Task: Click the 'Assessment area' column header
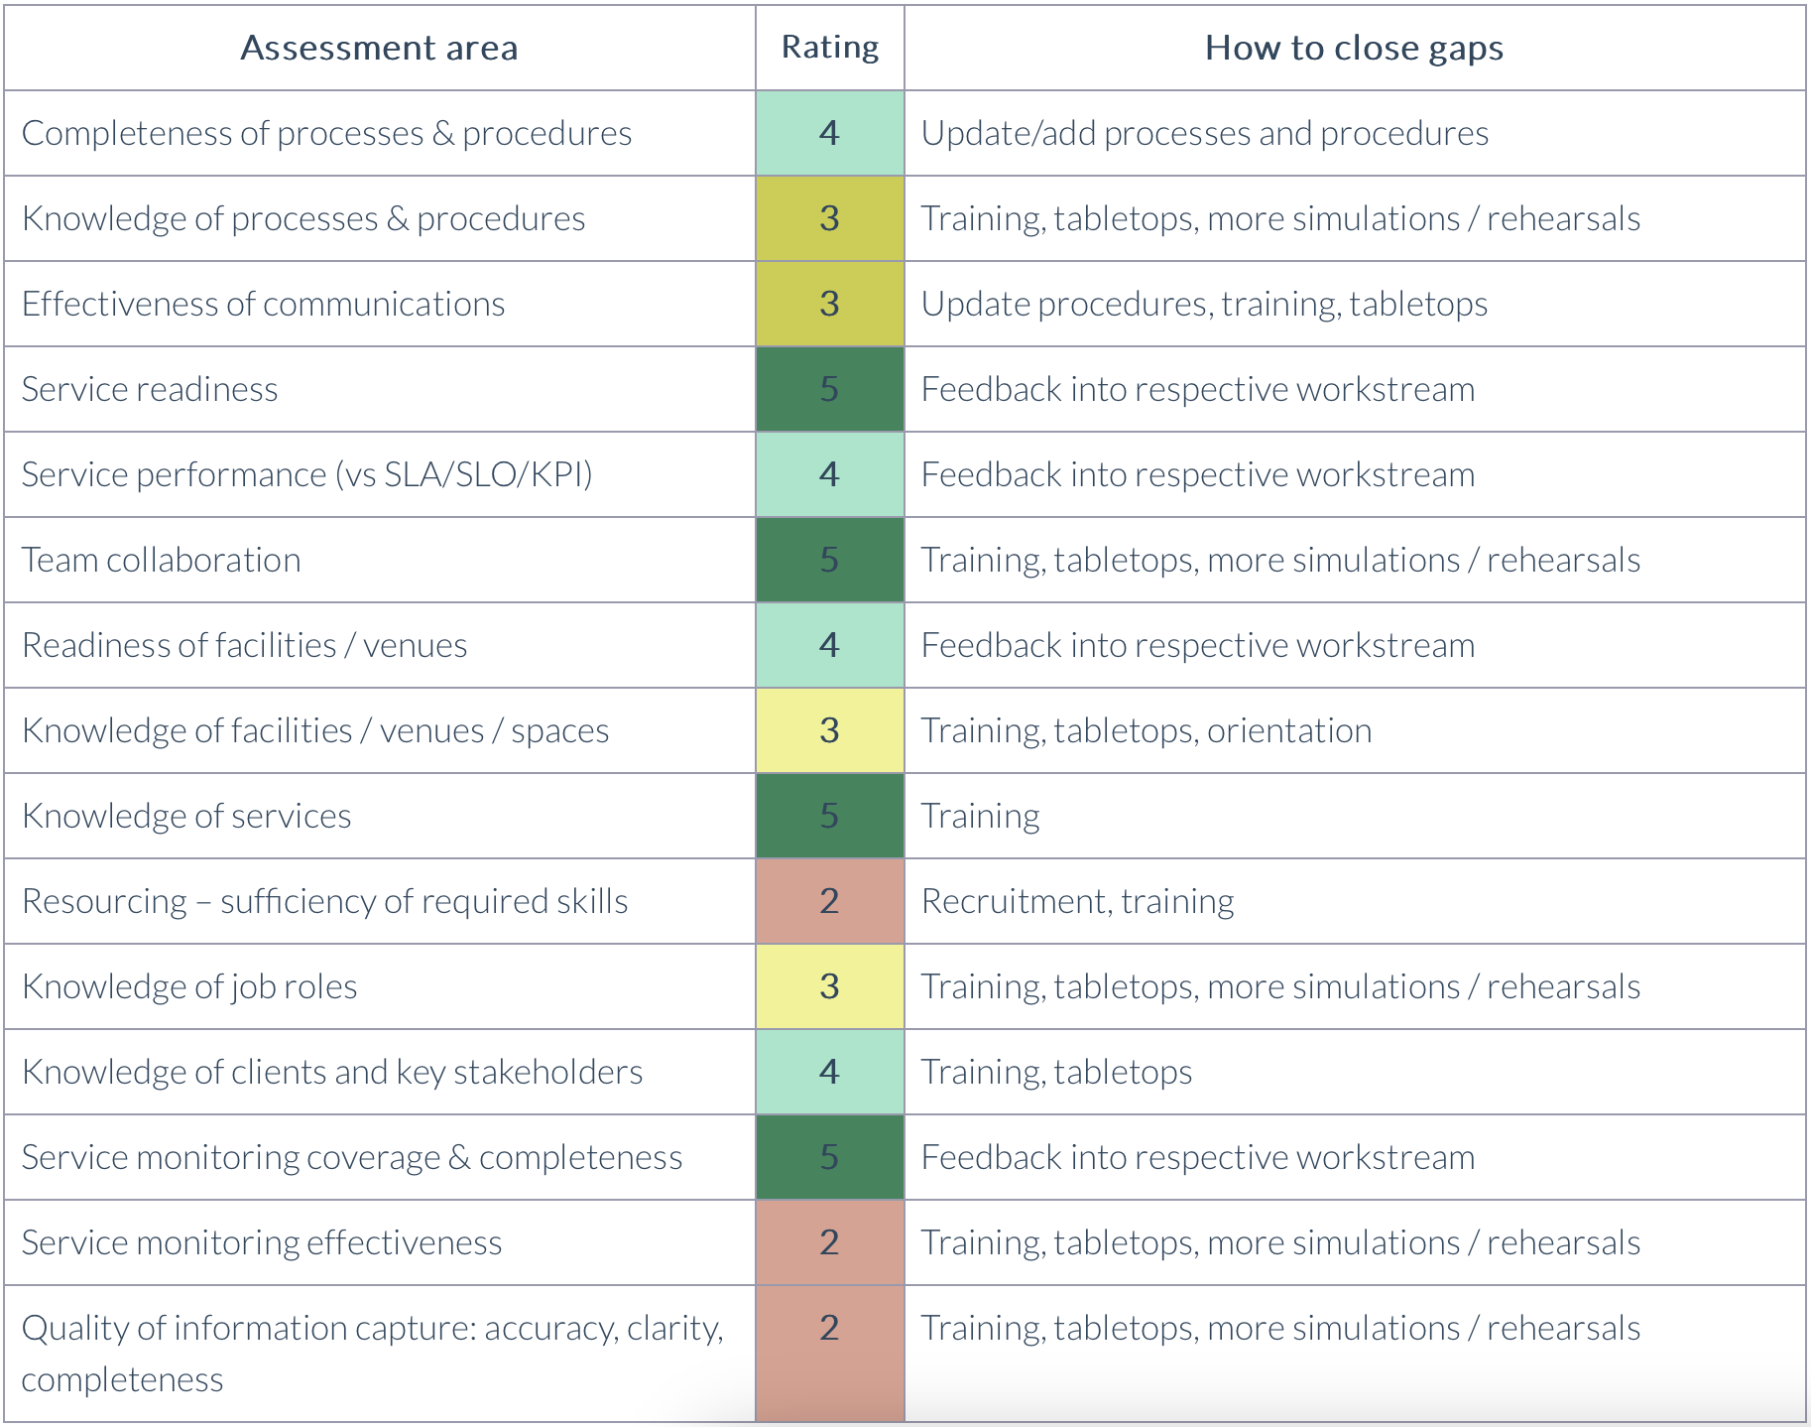pyautogui.click(x=379, y=48)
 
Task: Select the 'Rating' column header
pyautogui.click(x=830, y=48)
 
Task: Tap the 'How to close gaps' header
pyautogui.click(x=1354, y=48)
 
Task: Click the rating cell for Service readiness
pyautogui.click(x=830, y=389)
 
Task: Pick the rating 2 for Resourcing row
pyautogui.click(x=830, y=901)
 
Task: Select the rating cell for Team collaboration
pyautogui.click(x=830, y=560)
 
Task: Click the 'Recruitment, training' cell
pyautogui.click(x=1077, y=901)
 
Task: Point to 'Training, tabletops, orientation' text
pyautogui.click(x=1146, y=730)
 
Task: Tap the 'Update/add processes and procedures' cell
pyautogui.click(x=1204, y=133)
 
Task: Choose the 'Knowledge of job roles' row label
pyautogui.click(x=189, y=986)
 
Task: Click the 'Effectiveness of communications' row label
pyautogui.click(x=263, y=304)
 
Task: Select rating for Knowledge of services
pyautogui.click(x=830, y=816)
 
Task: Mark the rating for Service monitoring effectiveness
pyautogui.click(x=830, y=1242)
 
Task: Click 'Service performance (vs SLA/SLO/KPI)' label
pyautogui.click(x=306, y=474)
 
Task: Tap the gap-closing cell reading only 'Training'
pyautogui.click(x=980, y=816)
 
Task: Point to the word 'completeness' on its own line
pyautogui.click(x=122, y=1379)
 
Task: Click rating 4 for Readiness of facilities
pyautogui.click(x=830, y=645)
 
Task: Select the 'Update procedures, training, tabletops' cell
pyautogui.click(x=1204, y=304)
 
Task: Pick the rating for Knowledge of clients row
pyautogui.click(x=830, y=1072)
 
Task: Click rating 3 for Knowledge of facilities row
pyautogui.click(x=830, y=730)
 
